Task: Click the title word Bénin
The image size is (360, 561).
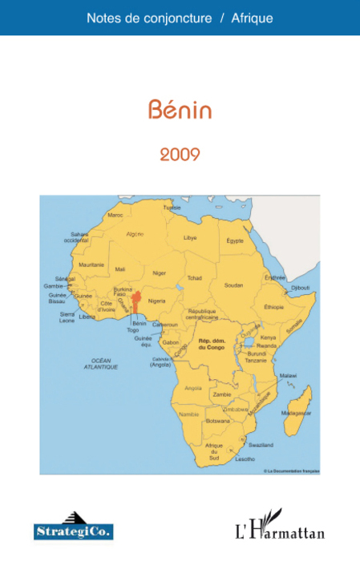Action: click(180, 110)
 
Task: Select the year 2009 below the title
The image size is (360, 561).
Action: click(180, 153)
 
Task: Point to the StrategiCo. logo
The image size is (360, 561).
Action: click(74, 527)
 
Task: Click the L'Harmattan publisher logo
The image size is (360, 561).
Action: click(279, 527)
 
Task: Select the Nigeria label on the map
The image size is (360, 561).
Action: click(157, 301)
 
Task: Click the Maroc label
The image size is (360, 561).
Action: click(115, 215)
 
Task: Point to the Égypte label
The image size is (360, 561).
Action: click(235, 240)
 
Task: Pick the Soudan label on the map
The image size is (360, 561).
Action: click(233, 285)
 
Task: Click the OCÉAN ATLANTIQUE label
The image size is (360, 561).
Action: click(101, 363)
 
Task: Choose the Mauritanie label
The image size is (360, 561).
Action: click(91, 264)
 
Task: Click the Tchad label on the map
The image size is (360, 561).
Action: click(194, 277)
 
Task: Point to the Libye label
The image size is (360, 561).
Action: click(190, 237)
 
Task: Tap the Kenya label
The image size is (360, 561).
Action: click(268, 337)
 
